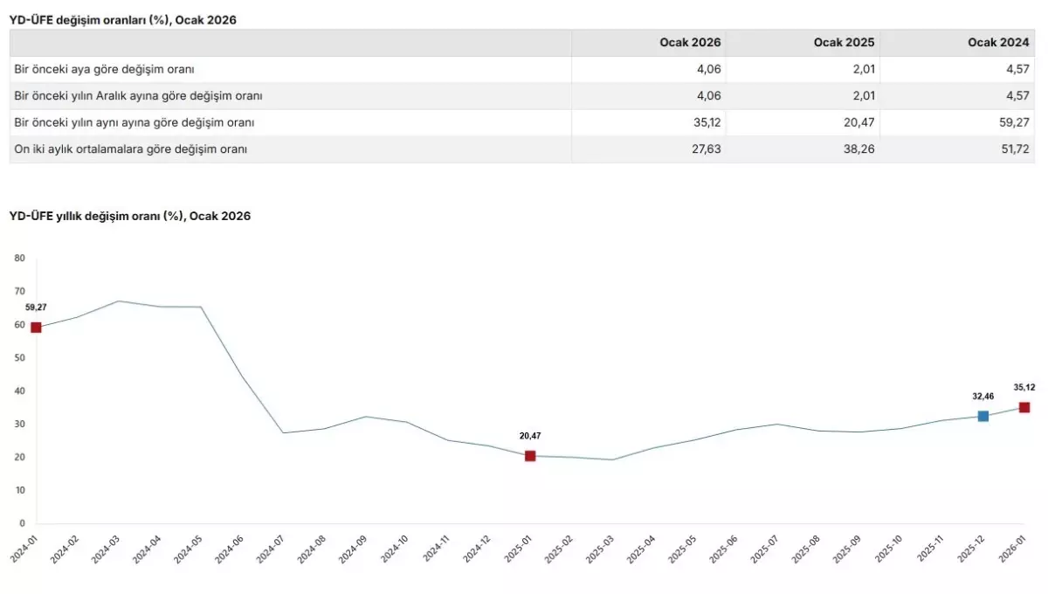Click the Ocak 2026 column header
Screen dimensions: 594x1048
690,43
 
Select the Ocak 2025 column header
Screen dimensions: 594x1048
844,43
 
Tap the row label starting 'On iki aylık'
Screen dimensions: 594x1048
131,149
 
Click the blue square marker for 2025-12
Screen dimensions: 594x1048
983,416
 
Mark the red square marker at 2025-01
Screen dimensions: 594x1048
530,456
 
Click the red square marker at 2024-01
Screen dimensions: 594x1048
36,328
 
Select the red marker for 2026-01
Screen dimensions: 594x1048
1024,407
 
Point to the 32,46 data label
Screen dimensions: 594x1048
983,397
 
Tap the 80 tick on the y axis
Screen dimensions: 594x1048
20,259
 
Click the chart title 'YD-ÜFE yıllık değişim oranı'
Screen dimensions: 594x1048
129,216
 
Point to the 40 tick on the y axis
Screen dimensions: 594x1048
20,391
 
